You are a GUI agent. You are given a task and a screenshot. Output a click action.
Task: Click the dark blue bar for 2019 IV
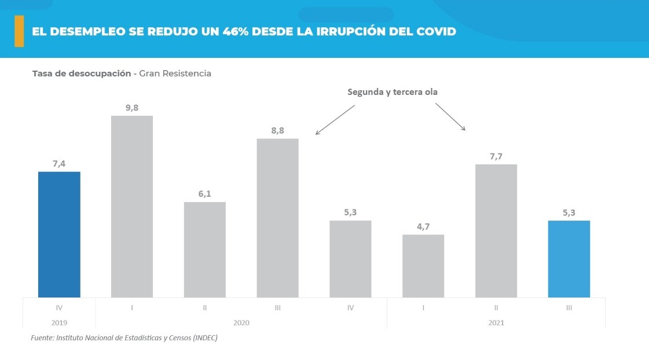point(59,234)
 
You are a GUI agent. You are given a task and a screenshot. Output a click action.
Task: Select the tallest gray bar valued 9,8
point(132,207)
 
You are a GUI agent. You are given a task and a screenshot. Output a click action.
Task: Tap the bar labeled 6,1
point(205,249)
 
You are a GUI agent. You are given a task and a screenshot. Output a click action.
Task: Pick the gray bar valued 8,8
point(277,218)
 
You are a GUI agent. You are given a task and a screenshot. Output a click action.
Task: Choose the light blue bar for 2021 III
point(569,259)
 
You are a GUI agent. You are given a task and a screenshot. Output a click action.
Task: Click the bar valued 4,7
point(423,266)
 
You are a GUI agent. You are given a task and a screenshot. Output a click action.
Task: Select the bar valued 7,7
point(496,230)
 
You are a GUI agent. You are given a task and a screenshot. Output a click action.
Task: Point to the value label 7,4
point(59,164)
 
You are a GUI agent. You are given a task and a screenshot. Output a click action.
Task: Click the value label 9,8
point(132,108)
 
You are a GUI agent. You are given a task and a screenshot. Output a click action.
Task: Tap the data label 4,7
point(423,226)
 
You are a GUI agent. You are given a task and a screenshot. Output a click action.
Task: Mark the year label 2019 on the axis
point(59,322)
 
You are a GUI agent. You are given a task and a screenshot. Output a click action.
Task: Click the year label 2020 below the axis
point(241,322)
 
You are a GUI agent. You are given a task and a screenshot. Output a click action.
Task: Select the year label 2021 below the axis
point(496,322)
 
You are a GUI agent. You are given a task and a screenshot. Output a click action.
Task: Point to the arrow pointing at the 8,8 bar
point(335,120)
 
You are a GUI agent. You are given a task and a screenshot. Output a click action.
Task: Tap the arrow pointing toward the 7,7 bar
point(450,117)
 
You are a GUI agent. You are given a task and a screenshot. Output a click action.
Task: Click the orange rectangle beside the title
point(19,31)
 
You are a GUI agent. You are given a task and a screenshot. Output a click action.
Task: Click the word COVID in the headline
point(434,31)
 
